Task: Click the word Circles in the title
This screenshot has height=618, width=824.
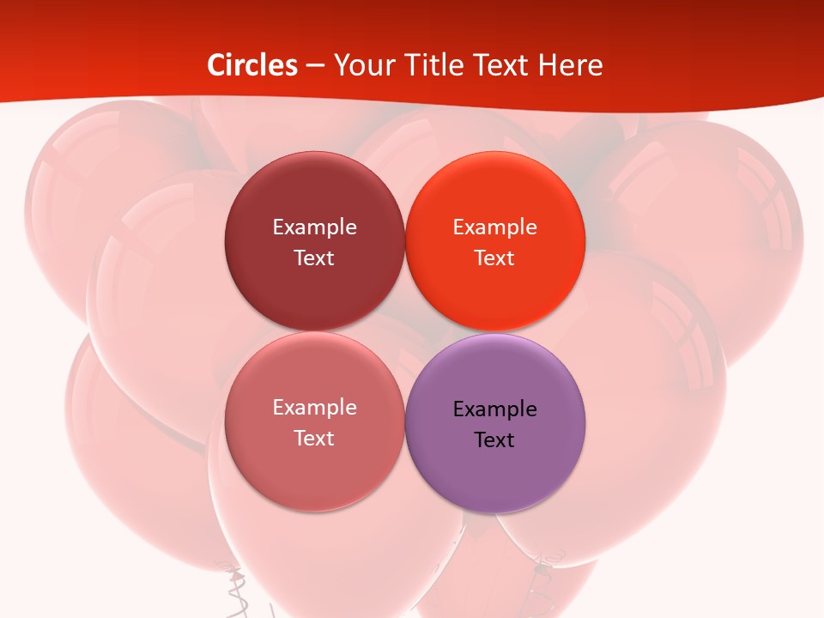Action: point(252,65)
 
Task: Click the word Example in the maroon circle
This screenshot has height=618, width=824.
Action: point(314,227)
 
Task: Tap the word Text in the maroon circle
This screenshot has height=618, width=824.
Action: point(314,258)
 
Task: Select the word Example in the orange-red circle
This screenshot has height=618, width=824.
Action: point(495,227)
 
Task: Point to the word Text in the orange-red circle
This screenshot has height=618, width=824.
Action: point(495,258)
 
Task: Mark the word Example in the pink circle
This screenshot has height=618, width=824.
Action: point(314,407)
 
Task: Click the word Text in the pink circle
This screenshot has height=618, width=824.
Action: point(314,439)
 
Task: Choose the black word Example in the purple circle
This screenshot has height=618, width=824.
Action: point(495,409)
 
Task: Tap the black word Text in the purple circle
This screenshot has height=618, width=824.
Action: point(495,440)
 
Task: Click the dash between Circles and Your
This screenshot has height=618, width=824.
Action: point(315,66)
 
